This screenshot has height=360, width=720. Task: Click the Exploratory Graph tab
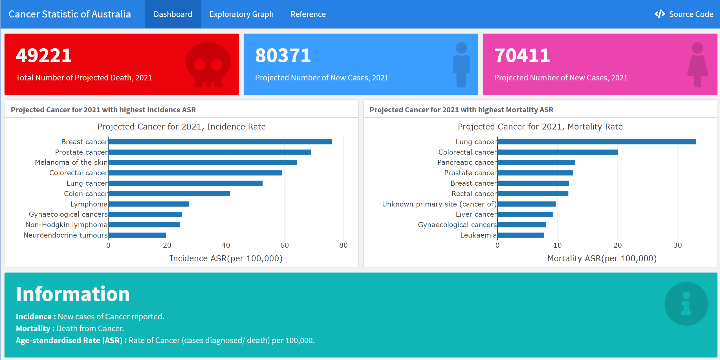pyautogui.click(x=241, y=14)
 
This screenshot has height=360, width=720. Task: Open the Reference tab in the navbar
pyautogui.click(x=308, y=14)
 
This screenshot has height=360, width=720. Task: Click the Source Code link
pyautogui.click(x=684, y=14)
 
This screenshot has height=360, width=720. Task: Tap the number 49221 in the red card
pyautogui.click(x=44, y=55)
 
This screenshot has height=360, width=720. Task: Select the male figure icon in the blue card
pyautogui.click(x=461, y=65)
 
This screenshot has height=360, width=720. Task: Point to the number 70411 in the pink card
pyautogui.click(x=522, y=55)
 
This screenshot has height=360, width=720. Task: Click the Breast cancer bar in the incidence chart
pyautogui.click(x=220, y=142)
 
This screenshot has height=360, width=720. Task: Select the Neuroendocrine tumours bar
pyautogui.click(x=137, y=235)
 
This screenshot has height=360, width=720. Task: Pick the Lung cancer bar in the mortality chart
pyautogui.click(x=596, y=142)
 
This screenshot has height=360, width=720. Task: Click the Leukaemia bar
pyautogui.click(x=520, y=235)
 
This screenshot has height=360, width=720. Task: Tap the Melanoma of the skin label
pyautogui.click(x=71, y=162)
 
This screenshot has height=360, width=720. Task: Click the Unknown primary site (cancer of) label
pyautogui.click(x=439, y=204)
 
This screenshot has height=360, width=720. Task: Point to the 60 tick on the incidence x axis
pyautogui.click(x=285, y=245)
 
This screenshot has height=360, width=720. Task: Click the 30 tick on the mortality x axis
pyautogui.click(x=677, y=245)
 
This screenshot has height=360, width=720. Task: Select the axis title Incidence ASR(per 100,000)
pyautogui.click(x=226, y=258)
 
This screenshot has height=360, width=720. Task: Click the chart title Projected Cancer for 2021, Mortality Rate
pyautogui.click(x=540, y=127)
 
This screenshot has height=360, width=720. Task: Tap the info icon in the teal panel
pyautogui.click(x=686, y=304)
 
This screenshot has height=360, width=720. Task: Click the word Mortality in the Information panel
pyautogui.click(x=33, y=328)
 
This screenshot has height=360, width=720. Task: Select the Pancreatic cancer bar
pyautogui.click(x=536, y=163)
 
